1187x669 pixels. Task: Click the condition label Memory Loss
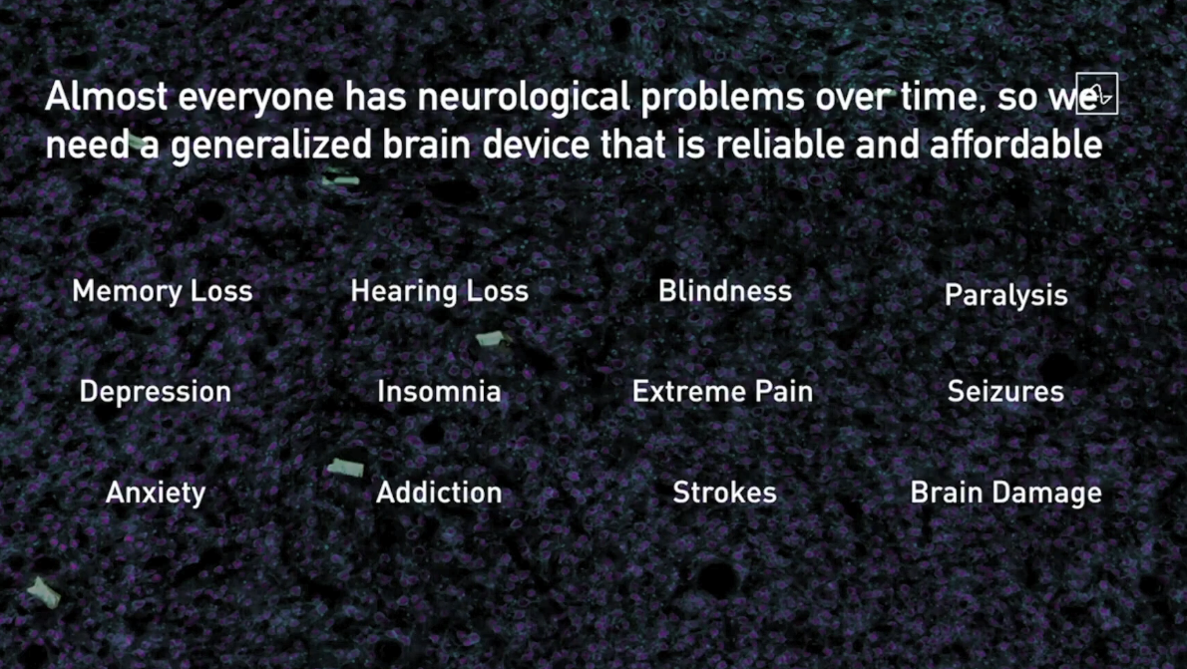[x=162, y=291]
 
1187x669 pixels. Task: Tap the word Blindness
[x=724, y=291]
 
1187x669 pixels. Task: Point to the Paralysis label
[x=1006, y=296]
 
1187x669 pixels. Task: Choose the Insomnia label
[x=439, y=392]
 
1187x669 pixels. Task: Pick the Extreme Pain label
[x=722, y=392]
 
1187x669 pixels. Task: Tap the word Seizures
[x=1005, y=392]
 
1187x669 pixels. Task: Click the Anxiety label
[x=156, y=494]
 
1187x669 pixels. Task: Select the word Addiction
[x=439, y=493]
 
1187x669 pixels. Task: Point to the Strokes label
[x=724, y=493]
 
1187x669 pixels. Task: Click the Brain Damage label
[x=1006, y=494]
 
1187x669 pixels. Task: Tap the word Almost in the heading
[x=106, y=97]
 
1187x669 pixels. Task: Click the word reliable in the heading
[x=780, y=144]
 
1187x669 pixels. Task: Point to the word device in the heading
[x=536, y=144]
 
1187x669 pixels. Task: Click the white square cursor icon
[x=1097, y=93]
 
